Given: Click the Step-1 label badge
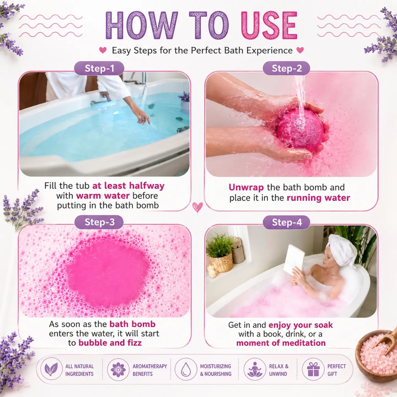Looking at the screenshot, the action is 99,68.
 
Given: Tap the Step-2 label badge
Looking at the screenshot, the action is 286,68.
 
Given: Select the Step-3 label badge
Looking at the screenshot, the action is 99,222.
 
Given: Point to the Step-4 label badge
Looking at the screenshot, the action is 286,222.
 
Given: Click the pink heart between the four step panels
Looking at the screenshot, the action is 197,207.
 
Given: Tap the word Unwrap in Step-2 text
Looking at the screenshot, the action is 246,187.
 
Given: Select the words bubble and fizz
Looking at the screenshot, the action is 110,343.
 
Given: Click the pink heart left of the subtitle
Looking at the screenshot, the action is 103,50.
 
